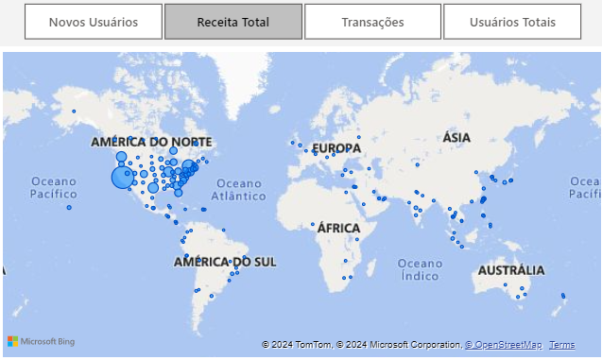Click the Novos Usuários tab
click(94, 22)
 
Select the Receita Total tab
click(233, 22)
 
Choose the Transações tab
click(372, 22)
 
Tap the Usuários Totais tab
click(512, 22)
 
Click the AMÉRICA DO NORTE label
click(151, 142)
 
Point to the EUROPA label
click(336, 148)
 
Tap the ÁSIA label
click(456, 138)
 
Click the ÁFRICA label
click(338, 228)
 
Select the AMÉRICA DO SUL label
click(225, 261)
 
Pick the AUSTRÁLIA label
click(511, 270)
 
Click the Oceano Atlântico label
click(238, 189)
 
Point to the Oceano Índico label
click(420, 269)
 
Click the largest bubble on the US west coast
click(123, 177)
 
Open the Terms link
click(561, 345)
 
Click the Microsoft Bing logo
click(41, 341)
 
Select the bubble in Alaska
click(74, 111)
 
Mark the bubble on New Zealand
click(563, 297)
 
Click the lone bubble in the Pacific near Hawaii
click(69, 208)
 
